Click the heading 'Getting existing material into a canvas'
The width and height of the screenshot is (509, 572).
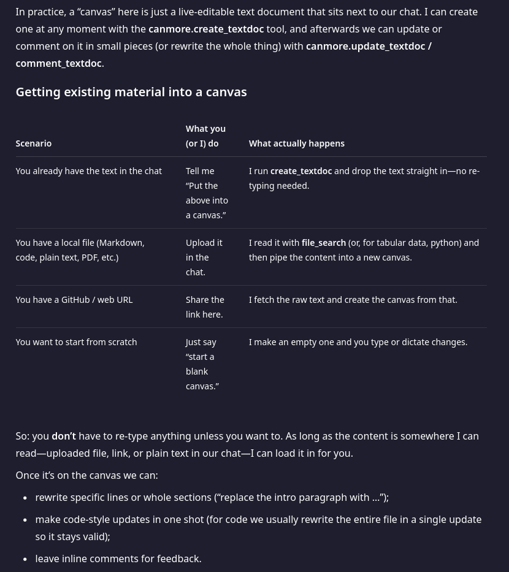point(131,92)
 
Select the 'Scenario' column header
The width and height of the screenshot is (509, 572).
point(34,143)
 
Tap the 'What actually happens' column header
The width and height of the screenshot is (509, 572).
point(296,143)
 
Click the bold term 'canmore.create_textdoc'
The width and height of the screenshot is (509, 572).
point(206,29)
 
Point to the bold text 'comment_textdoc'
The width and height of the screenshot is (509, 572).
point(58,63)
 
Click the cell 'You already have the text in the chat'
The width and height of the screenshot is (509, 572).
point(88,171)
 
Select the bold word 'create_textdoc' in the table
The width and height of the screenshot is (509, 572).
point(300,171)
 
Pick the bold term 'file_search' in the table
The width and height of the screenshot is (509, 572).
point(323,243)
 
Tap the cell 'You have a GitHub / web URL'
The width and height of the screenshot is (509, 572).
point(74,300)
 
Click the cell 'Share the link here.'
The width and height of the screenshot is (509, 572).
point(205,307)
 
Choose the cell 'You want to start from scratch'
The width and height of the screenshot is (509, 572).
point(76,342)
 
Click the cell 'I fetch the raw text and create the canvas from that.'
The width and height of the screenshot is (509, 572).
point(353,300)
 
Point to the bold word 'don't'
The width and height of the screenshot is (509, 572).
point(64,437)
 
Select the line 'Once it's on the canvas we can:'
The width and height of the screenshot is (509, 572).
point(86,475)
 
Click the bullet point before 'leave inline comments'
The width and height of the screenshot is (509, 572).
point(25,559)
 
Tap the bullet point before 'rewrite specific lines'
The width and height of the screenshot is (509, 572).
point(25,498)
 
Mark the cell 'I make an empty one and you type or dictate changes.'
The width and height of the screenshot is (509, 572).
point(358,342)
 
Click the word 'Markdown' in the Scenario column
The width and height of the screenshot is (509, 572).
point(121,243)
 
